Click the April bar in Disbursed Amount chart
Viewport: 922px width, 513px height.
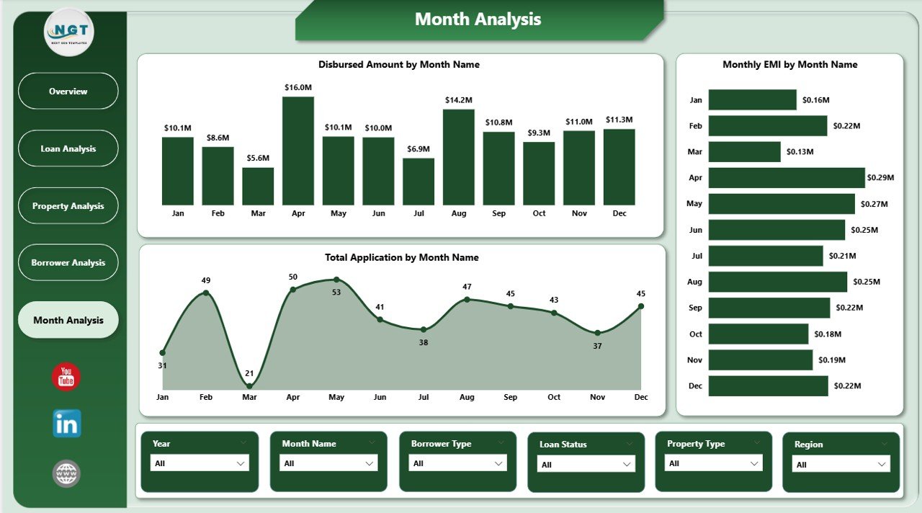298,151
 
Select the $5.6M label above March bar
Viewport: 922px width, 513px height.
258,159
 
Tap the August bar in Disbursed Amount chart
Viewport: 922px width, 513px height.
458,157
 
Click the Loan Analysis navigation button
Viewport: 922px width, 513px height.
68,148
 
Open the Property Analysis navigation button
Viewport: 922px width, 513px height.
68,206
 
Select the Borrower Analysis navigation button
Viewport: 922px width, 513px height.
68,263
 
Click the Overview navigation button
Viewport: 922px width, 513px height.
68,92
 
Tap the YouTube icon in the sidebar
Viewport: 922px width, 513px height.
66,377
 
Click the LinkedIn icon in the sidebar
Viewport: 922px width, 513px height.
67,424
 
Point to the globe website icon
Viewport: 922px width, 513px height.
66,473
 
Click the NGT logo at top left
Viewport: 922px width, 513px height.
69,32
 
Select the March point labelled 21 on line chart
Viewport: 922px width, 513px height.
249,387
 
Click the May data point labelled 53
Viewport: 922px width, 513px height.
336,280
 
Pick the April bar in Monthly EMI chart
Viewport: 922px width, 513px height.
787,178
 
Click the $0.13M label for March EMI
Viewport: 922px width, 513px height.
800,152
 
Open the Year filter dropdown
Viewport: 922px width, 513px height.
200,463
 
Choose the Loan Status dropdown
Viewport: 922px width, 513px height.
586,465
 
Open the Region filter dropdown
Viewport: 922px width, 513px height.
841,465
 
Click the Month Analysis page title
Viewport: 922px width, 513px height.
478,19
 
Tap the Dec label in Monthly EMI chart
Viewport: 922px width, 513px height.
695,386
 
